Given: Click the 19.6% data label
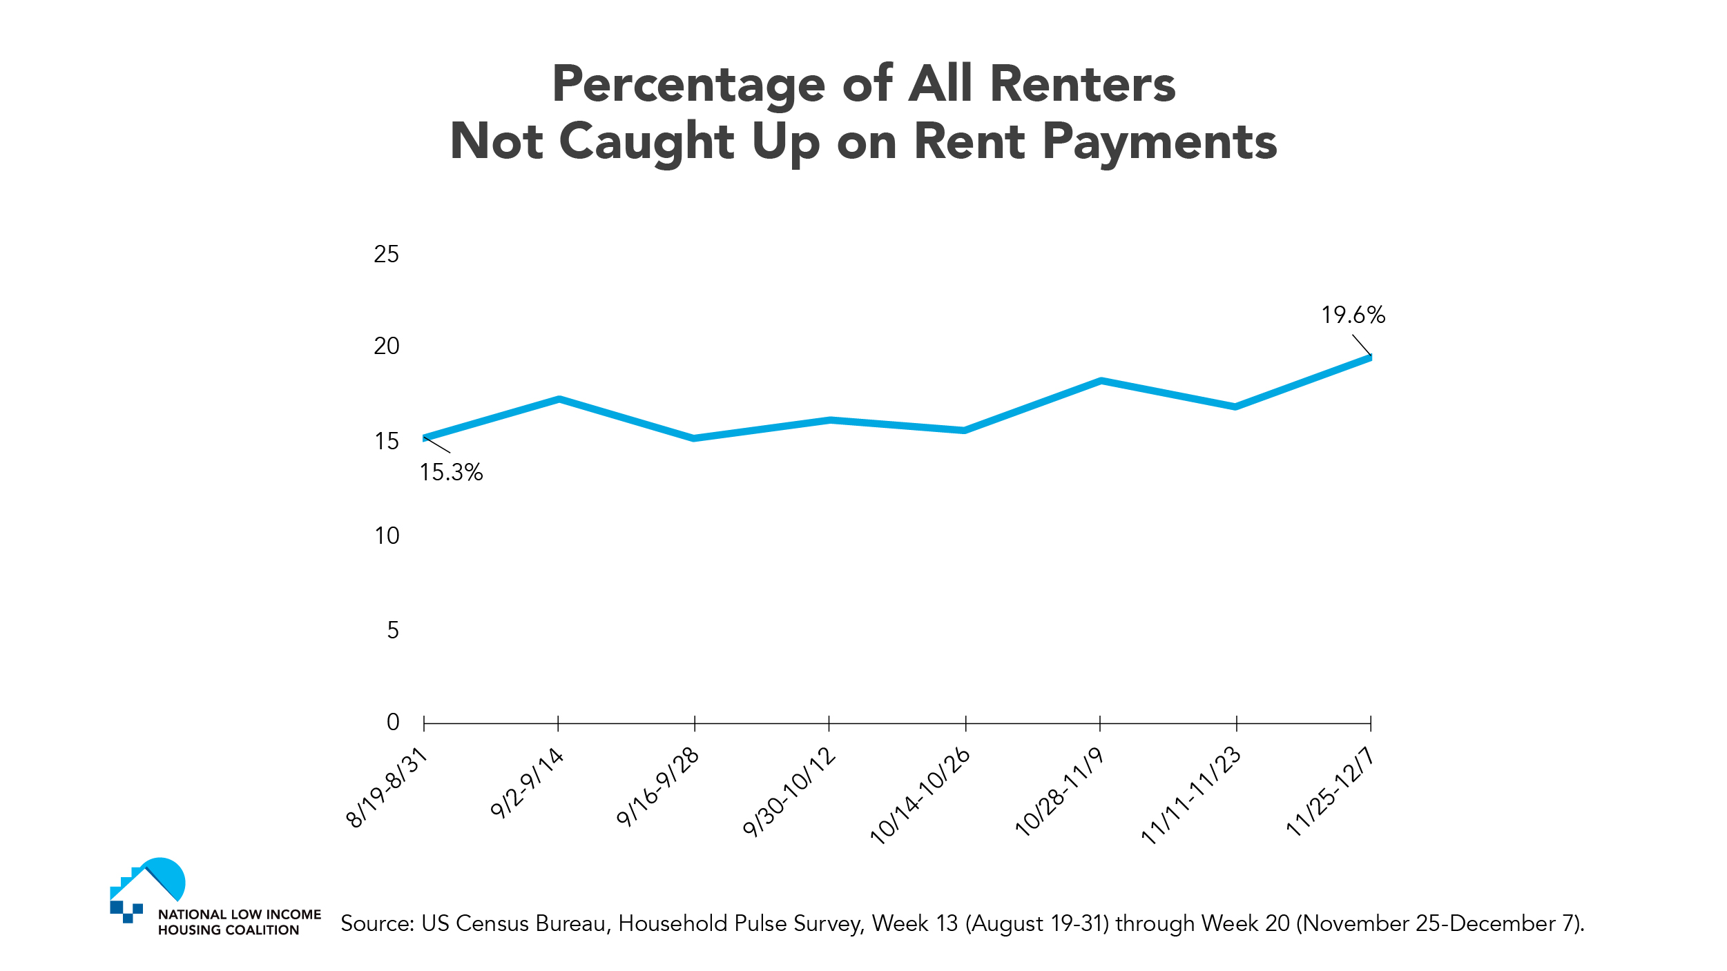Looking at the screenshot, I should coord(1353,315).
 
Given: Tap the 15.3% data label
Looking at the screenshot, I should coord(451,473).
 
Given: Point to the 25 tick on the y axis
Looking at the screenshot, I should coord(386,255).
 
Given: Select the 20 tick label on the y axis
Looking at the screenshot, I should coord(386,346).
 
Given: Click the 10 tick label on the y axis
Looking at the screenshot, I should coord(387,536).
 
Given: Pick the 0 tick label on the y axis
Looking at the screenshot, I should coord(393,723).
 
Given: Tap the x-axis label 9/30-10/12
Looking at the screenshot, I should coord(789,792).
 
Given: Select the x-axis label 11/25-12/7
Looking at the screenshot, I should coord(1329,792).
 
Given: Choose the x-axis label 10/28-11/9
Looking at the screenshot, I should coord(1059,792).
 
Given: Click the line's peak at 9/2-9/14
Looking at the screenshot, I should coord(559,399).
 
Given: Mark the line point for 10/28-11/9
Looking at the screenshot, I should coord(1101,380).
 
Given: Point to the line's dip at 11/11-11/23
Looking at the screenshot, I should coord(1235,406).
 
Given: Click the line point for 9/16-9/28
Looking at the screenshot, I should coord(694,438).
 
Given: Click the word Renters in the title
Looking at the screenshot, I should coord(1082,84).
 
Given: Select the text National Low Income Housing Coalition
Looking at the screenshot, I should coord(239,922).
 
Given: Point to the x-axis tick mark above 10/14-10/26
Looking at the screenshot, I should coord(965,723).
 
